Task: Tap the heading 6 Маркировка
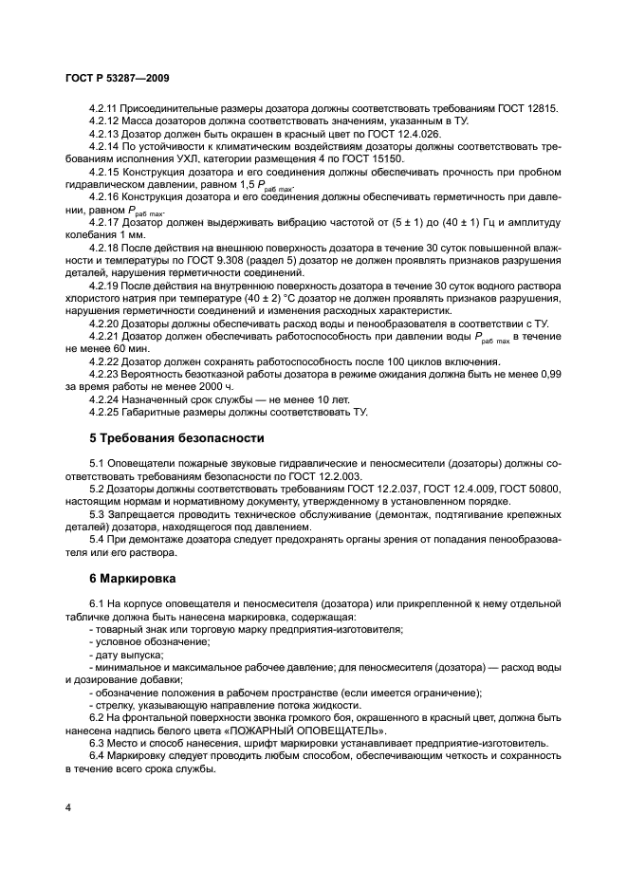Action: click(x=137, y=576)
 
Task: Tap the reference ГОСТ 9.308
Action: click(x=209, y=259)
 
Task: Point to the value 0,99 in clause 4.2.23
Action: click(x=549, y=375)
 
